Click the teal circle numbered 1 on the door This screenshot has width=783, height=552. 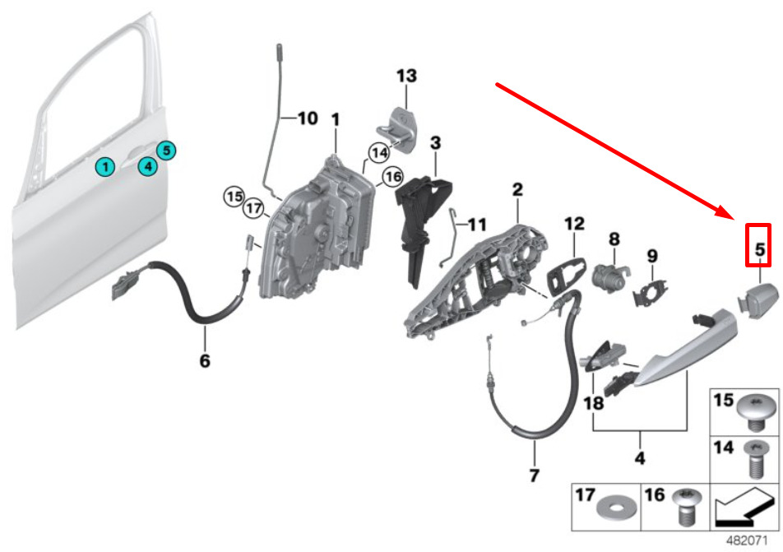[x=105, y=166]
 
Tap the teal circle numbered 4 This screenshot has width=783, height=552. [x=148, y=165]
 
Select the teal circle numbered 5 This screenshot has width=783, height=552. [x=166, y=151]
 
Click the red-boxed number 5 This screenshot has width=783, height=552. [x=759, y=248]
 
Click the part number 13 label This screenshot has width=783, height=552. [x=406, y=76]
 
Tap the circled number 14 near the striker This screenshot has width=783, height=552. [x=379, y=152]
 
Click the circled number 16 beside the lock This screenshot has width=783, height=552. [x=392, y=176]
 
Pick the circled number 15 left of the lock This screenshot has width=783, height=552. [x=234, y=197]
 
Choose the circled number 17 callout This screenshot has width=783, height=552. [x=253, y=207]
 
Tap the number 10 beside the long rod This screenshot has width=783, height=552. [x=308, y=118]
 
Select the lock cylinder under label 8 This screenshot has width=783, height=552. [x=609, y=279]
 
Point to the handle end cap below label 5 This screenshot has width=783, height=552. [x=758, y=301]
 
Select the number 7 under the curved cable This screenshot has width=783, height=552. [x=534, y=475]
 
